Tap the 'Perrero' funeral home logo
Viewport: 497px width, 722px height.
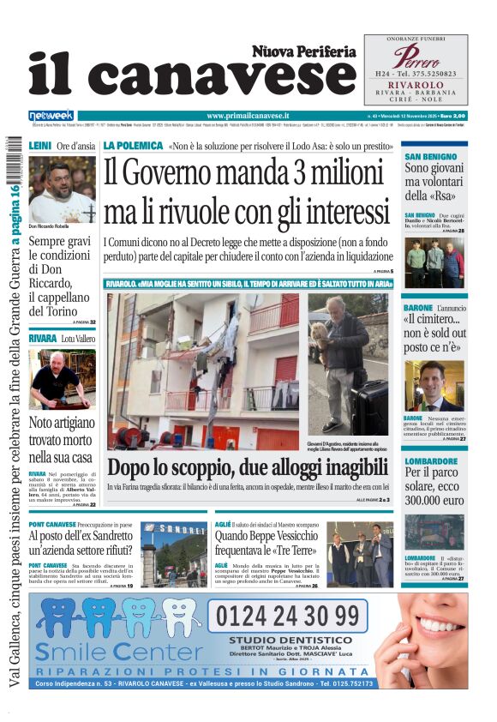(416, 57)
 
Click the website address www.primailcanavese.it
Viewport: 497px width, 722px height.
(248, 115)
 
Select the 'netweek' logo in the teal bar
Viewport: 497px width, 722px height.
(51, 115)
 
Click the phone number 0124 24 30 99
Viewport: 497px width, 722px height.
(287, 616)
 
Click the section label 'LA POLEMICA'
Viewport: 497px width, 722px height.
(133, 146)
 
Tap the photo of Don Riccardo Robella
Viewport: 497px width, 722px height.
(62, 189)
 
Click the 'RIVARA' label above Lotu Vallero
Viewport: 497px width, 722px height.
(42, 339)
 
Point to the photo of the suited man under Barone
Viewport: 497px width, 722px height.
(434, 387)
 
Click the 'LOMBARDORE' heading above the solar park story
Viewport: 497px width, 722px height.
(431, 461)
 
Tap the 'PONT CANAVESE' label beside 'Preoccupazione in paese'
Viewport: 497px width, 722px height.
(52, 524)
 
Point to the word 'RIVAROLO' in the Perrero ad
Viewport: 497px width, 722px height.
(416, 86)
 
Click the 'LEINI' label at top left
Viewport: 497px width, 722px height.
(39, 147)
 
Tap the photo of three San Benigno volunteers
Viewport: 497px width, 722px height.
(434, 262)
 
